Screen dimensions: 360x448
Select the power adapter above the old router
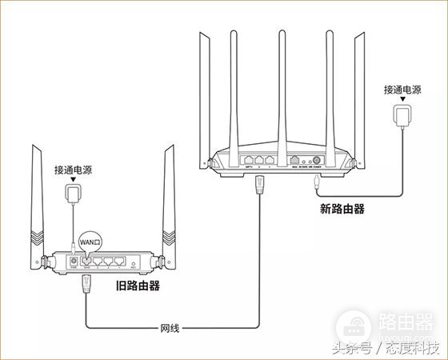(x=74, y=195)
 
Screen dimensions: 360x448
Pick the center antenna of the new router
(x=282, y=88)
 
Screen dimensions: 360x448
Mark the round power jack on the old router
(x=74, y=260)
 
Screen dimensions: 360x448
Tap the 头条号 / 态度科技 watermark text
(x=386, y=348)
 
